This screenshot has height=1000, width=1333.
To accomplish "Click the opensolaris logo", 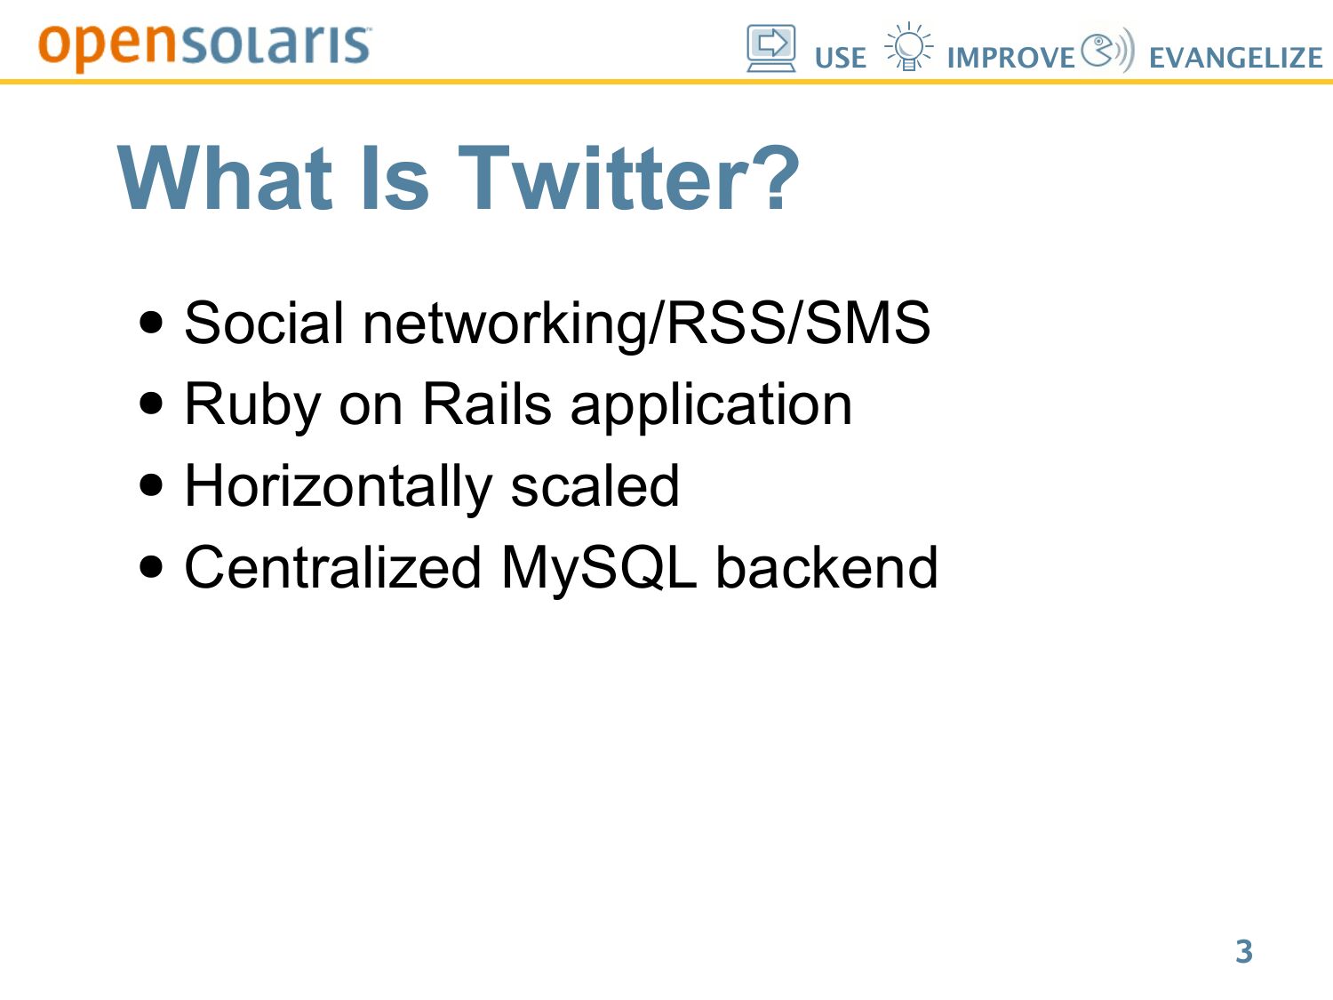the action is tap(204, 47).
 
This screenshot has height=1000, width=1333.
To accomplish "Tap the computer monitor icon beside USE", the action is tap(771, 48).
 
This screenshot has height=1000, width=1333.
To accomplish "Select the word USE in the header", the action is tap(841, 59).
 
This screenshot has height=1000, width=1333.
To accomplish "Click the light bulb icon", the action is tap(908, 46).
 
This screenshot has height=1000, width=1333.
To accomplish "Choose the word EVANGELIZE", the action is tap(1236, 59).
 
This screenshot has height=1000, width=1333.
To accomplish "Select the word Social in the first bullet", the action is tap(264, 323).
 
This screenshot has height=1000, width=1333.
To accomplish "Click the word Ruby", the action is tap(252, 405).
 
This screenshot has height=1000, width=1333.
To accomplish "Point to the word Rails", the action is tap(487, 404).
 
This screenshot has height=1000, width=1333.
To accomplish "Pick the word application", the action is tap(712, 406).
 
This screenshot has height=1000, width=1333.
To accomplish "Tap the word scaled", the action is tap(595, 485).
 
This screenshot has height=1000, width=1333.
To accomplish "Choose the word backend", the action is tap(827, 568).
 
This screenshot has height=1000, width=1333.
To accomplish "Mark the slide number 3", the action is tap(1244, 952).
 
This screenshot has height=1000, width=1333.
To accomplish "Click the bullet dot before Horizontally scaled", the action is tap(151, 484).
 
